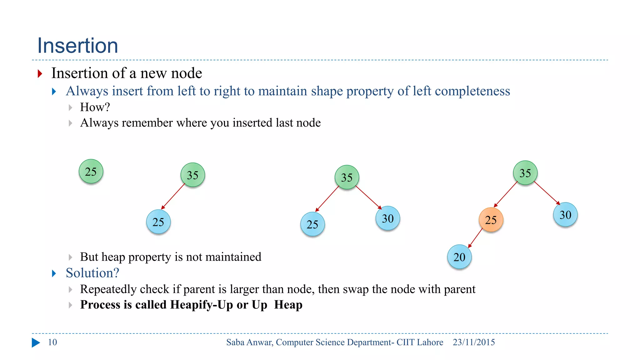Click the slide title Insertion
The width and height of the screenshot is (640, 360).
[77, 46]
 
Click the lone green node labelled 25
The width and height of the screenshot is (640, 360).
[91, 171]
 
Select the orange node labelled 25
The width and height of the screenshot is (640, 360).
[491, 220]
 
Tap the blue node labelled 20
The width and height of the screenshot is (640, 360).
[459, 257]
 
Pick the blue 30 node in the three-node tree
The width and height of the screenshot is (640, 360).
[387, 218]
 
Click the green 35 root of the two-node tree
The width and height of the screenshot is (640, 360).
[192, 175]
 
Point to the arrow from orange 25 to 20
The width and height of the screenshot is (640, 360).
[475, 238]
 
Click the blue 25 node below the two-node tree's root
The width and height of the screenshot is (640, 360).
[158, 222]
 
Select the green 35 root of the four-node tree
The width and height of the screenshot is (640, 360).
[525, 173]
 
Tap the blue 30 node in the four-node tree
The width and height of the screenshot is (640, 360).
[565, 215]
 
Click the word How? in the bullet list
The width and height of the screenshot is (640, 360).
[95, 107]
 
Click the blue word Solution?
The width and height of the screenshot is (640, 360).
[92, 273]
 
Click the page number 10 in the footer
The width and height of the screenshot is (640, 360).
[52, 342]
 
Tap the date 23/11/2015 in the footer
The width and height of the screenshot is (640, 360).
[474, 342]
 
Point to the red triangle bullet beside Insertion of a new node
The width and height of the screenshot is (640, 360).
[40, 74]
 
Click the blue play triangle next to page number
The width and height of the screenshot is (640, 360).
[36, 342]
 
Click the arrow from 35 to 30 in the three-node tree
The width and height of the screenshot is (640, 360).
[369, 197]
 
